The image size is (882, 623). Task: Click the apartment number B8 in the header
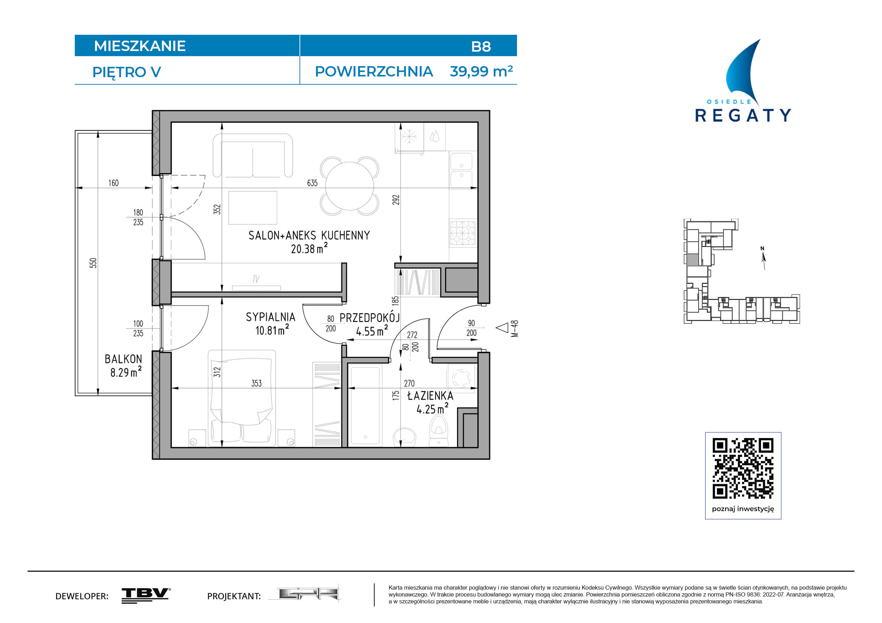480,46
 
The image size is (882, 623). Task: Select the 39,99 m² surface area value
481,71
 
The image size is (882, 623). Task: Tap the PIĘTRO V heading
126,73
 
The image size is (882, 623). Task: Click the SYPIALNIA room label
271,317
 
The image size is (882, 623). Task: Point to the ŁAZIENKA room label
430,395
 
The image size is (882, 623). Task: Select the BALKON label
123,359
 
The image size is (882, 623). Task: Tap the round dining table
349,186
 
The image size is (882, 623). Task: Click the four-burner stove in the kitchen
463,232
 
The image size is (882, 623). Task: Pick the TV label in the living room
256,279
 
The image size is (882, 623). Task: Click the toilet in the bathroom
439,431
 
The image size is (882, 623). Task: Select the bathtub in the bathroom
365,406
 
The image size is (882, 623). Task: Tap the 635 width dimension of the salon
312,183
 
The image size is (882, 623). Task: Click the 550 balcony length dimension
93,263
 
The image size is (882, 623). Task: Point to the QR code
743,468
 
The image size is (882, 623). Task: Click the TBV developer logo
146,595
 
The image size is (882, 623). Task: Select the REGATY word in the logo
743,115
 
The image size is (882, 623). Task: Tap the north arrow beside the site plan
763,258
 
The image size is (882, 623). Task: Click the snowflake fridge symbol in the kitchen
409,137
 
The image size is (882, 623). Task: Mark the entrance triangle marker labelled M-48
502,328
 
